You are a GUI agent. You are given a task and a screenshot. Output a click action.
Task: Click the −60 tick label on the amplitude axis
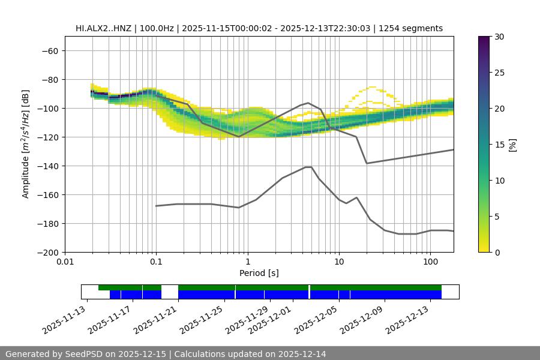pyautogui.click(x=49, y=50)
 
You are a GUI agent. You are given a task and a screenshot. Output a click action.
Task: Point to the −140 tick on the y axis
pyautogui.click(x=49, y=166)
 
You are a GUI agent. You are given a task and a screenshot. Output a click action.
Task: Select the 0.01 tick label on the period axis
pyautogui.click(x=65, y=262)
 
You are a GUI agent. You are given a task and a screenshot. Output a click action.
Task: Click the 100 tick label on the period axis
pyautogui.click(x=430, y=262)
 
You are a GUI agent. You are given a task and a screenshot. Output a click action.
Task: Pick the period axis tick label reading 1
pyautogui.click(x=247, y=262)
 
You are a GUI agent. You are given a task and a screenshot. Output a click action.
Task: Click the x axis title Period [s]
pyautogui.click(x=259, y=273)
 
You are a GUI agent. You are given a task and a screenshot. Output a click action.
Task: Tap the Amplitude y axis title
pyautogui.click(x=26, y=144)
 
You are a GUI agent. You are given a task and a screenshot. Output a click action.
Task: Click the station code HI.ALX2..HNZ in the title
pyautogui.click(x=104, y=28)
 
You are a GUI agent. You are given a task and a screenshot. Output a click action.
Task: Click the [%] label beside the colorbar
pyautogui.click(x=512, y=145)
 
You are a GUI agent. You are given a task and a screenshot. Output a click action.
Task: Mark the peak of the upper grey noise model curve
pyautogui.click(x=308, y=103)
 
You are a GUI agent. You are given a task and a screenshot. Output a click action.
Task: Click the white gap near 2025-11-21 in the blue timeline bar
pyautogui.click(x=170, y=294)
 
